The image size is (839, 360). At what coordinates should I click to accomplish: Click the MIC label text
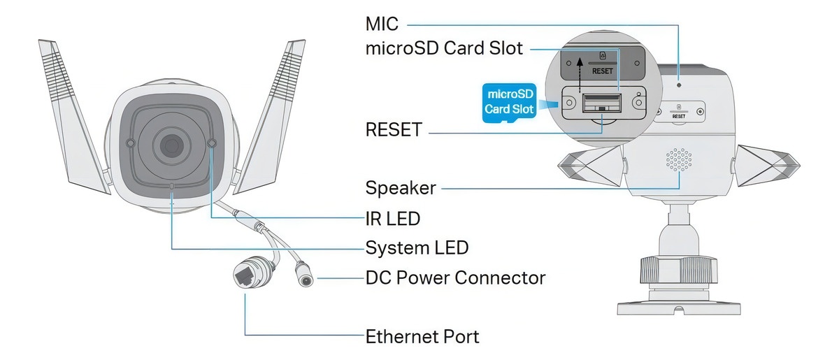[x=382, y=24]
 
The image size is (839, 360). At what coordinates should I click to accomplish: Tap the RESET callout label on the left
[x=394, y=129]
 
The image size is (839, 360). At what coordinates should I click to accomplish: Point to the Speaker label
[x=401, y=188]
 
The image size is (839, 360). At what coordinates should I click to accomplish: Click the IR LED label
[x=393, y=218]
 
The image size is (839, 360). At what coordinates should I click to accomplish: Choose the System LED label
[x=417, y=247]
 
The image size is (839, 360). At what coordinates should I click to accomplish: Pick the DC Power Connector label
[x=455, y=278]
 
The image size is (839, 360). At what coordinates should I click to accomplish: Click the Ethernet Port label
[x=422, y=336]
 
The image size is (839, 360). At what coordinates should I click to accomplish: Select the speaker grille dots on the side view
[x=677, y=160]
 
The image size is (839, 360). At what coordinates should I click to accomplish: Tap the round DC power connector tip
[x=305, y=278]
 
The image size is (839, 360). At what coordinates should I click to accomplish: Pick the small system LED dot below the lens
[x=172, y=187]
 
